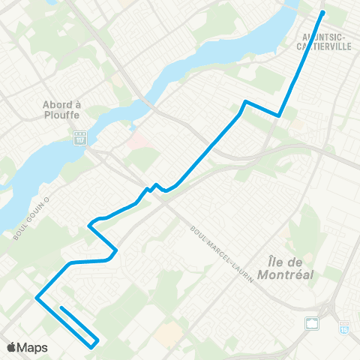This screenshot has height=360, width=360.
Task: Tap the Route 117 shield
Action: [79, 138]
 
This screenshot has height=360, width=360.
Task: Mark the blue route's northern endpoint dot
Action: [322, 13]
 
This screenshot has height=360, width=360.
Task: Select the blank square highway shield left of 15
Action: [311, 324]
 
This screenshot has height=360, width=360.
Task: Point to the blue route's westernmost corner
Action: [36, 298]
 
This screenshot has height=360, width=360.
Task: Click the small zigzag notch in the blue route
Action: [155, 187]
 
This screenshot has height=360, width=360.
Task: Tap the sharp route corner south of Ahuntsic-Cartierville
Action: [279, 115]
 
